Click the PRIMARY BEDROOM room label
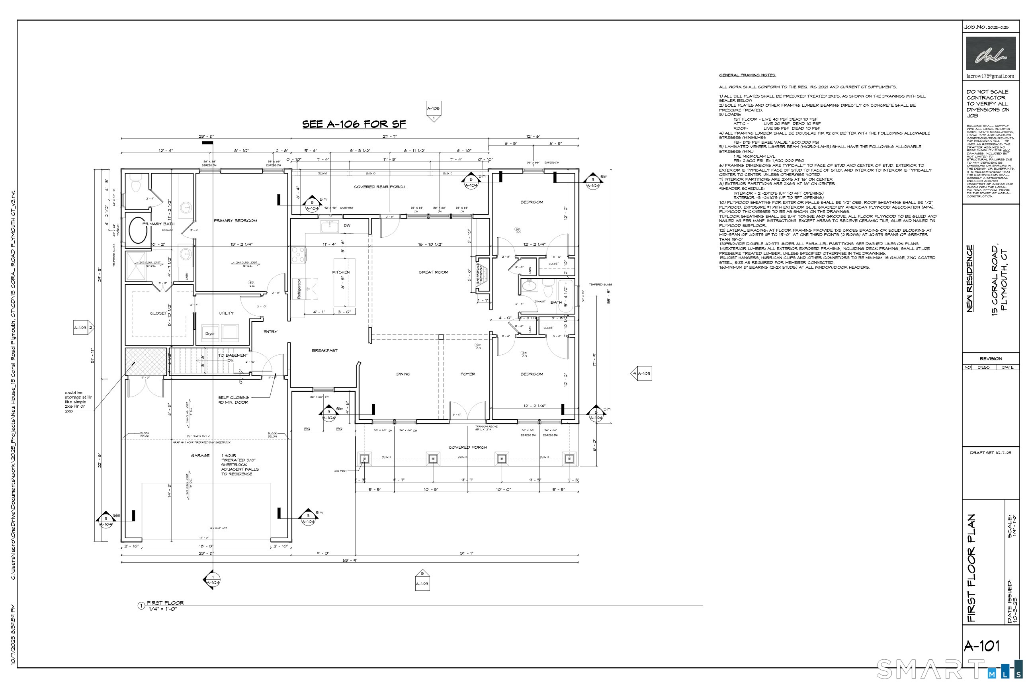pos(235,221)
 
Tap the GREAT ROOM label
pos(433,272)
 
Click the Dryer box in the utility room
pos(210,333)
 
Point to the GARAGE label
pos(200,455)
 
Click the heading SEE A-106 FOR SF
pos(354,124)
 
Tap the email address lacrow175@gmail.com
pos(990,76)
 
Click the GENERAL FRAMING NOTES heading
pos(747,75)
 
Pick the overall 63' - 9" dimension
pos(349,560)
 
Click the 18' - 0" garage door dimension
pos(206,546)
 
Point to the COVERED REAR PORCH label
pos(379,187)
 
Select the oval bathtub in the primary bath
pos(138,230)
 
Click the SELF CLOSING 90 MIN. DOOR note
pos(233,400)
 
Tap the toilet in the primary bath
pos(136,184)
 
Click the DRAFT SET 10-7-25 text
pos(990,453)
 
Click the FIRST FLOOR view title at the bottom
pos(165,603)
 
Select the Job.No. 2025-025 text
pos(985,27)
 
